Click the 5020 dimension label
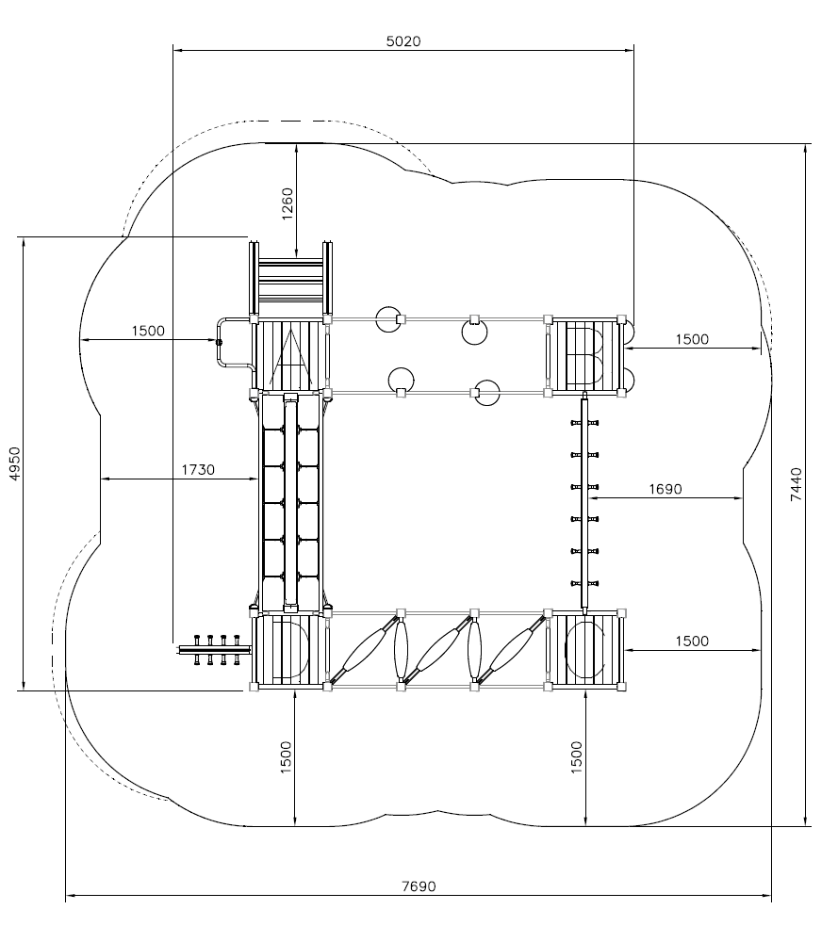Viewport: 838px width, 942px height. tap(403, 41)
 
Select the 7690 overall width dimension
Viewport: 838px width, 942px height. tap(419, 886)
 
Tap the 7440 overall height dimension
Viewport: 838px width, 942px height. tap(796, 485)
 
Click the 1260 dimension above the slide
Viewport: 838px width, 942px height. tap(288, 203)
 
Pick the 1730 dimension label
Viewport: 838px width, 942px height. tap(198, 469)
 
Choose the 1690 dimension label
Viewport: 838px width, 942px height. tap(665, 489)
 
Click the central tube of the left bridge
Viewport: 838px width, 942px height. tap(291, 502)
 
